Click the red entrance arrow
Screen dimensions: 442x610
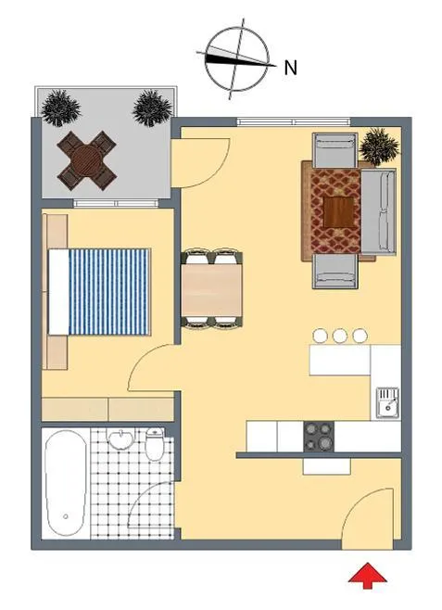point(367,575)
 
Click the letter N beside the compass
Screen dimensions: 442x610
point(291,68)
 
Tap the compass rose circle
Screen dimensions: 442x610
point(236,58)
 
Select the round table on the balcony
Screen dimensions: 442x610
point(87,160)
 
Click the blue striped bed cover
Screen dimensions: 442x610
point(108,292)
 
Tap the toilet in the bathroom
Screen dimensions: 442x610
point(155,444)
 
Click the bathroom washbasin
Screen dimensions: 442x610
point(120,438)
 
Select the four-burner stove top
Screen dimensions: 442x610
point(319,437)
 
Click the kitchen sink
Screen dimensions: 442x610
point(386,403)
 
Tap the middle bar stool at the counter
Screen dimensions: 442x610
point(340,336)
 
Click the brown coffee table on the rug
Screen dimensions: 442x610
point(339,212)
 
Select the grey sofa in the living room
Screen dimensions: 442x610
point(379,210)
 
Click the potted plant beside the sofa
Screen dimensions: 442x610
point(379,146)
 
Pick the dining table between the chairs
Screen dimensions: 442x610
point(212,290)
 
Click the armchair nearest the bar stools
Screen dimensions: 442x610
point(335,271)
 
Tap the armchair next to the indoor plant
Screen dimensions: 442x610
point(335,150)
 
